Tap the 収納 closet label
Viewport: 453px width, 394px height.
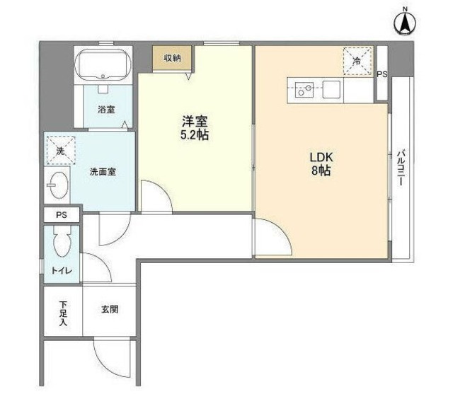point(173,57)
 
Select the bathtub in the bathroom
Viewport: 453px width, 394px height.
point(104,65)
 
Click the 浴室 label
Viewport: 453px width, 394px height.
point(106,110)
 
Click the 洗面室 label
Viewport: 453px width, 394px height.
point(102,171)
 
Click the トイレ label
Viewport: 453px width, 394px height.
point(60,271)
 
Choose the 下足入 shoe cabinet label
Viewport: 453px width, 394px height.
point(62,311)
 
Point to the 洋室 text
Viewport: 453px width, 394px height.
point(193,120)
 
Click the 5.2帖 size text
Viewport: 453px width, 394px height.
point(193,135)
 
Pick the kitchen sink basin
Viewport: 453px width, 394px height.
point(331,89)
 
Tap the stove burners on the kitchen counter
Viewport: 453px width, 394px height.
point(304,89)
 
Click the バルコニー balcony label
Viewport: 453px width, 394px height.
point(401,167)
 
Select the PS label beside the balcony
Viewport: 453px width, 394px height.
point(382,74)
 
